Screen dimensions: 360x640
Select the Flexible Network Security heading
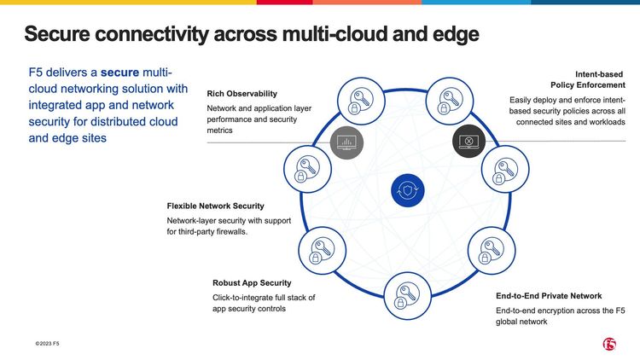point(215,206)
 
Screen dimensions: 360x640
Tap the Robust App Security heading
point(252,282)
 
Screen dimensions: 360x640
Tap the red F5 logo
point(608,343)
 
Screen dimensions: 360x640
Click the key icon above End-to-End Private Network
point(490,248)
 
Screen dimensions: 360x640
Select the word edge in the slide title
point(452,34)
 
